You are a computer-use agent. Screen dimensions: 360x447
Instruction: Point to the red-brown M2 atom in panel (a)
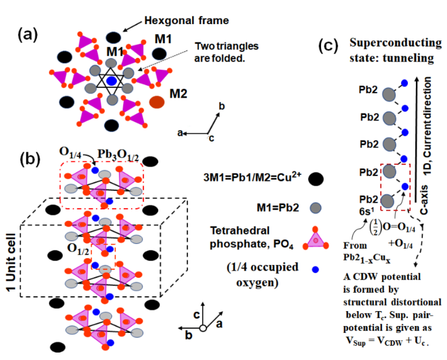coord(156,103)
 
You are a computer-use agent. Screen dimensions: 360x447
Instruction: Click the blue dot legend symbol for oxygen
coord(315,268)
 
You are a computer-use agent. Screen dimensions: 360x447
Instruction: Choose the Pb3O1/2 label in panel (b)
coord(123,154)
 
